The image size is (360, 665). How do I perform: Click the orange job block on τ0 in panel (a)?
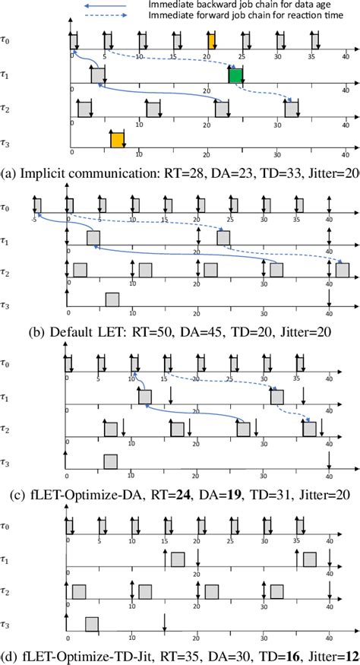point(211,40)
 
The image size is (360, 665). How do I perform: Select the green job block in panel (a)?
point(235,75)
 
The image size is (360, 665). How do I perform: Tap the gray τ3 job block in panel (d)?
point(92,623)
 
